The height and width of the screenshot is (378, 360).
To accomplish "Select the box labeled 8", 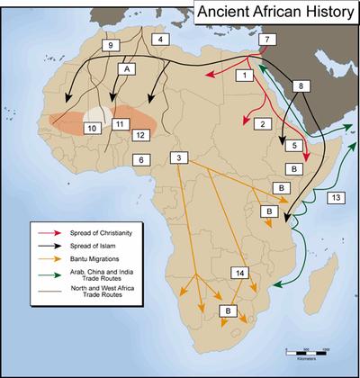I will coord(301,85).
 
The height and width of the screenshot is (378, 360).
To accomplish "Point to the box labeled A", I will coord(128,68).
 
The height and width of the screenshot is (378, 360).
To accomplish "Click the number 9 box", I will coord(110,45).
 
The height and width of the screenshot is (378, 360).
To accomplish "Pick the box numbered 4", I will coord(159,40).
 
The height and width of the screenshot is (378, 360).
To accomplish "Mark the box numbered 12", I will coord(139,134).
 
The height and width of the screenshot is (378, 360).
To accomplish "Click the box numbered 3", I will coord(182,158).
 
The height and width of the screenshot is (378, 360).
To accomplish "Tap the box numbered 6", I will coord(139,160).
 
